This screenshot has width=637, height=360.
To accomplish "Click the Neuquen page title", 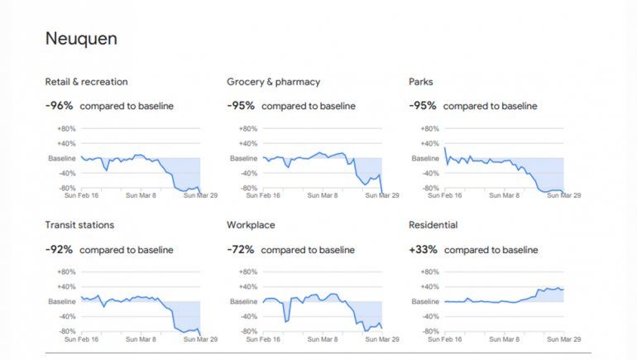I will [80, 38].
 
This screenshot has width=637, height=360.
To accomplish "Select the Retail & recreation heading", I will [86, 82].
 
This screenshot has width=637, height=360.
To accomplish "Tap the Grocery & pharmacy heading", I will [273, 82].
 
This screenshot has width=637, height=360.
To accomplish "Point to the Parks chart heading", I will [421, 82].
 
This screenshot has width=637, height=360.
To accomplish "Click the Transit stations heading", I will [79, 224].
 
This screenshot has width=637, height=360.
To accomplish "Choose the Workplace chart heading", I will [251, 224].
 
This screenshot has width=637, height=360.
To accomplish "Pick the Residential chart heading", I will [433, 224].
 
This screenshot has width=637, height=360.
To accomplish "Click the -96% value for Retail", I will [60, 106].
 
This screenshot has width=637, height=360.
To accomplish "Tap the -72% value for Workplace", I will [241, 249].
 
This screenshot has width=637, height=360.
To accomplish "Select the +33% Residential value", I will [424, 249].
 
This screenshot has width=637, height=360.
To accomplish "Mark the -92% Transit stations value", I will [60, 249].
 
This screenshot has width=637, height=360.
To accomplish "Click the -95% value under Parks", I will [423, 106].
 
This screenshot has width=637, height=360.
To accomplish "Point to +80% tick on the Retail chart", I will [67, 128].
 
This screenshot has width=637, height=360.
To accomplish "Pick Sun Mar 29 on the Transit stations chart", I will [200, 339].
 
